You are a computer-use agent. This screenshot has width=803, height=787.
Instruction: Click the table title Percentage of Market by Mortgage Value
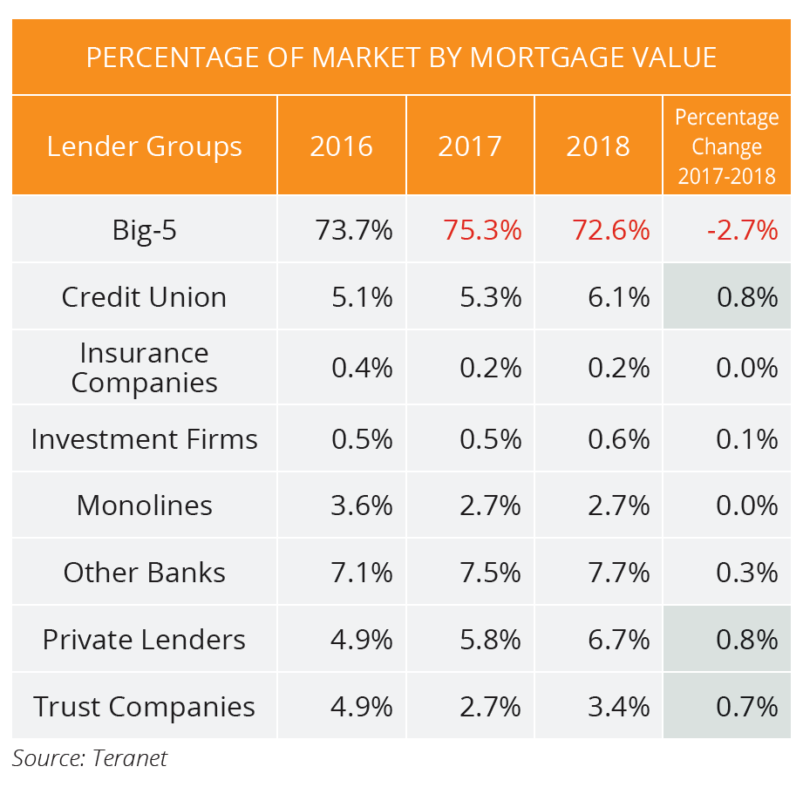[401, 58]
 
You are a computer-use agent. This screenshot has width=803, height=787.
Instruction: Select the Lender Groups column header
[145, 146]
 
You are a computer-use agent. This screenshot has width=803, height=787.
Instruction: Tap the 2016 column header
[342, 146]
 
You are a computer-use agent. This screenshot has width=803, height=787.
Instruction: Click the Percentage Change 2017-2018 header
[726, 146]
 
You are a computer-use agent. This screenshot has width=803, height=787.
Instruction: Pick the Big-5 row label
[145, 231]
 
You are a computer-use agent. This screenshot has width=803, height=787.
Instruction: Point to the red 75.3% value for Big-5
[482, 231]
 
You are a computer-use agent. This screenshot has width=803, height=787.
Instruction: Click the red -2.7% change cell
[742, 231]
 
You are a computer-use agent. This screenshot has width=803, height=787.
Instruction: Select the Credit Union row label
[145, 297]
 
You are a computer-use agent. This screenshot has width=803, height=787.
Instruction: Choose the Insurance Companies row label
[145, 368]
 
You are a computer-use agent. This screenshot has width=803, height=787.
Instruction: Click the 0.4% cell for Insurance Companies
[362, 368]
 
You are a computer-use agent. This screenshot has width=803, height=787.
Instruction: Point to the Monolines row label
[145, 505]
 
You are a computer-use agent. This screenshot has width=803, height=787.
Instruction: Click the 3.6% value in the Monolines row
[362, 505]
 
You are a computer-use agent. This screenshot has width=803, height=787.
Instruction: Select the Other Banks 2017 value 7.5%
[490, 573]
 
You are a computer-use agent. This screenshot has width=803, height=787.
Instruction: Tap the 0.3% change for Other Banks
[746, 573]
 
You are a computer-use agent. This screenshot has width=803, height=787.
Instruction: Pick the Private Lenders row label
[145, 640]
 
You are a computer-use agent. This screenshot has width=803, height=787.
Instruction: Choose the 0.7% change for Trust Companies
[746, 706]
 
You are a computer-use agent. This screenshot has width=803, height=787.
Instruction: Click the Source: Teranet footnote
[90, 758]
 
